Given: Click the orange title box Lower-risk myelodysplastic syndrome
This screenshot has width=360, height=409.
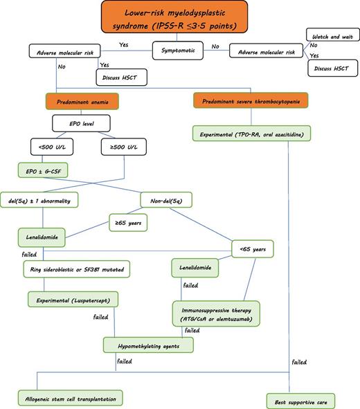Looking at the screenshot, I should (180, 20).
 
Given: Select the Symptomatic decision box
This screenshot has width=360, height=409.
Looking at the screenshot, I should (180, 51).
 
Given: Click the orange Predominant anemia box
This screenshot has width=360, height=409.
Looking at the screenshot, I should (82, 101).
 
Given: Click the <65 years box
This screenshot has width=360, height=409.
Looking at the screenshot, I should (253, 248).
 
